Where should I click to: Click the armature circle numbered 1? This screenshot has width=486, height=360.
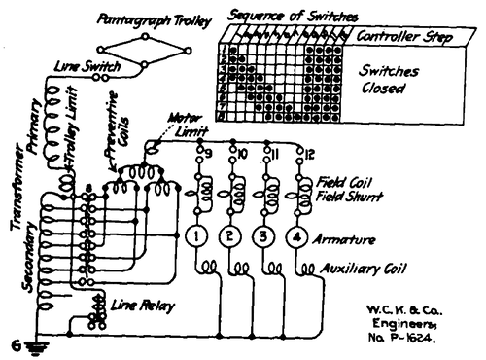[195, 236]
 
